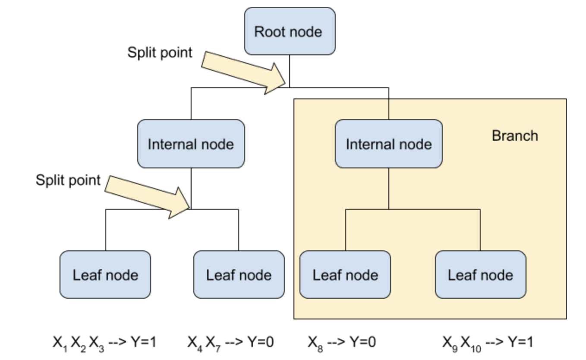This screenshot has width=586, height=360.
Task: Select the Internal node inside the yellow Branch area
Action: tap(388, 144)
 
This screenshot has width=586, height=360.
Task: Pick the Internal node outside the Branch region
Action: tap(191, 144)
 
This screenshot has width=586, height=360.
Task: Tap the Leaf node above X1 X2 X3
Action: tap(105, 275)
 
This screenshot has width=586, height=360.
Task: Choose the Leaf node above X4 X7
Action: tap(239, 275)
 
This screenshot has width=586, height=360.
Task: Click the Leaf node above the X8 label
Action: tap(345, 275)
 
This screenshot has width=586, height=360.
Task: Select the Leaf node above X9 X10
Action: tap(480, 275)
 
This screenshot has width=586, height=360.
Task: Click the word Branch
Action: tap(515, 136)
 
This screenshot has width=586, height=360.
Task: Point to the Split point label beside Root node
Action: tap(160, 53)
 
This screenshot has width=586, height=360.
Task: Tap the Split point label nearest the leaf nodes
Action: tap(68, 180)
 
